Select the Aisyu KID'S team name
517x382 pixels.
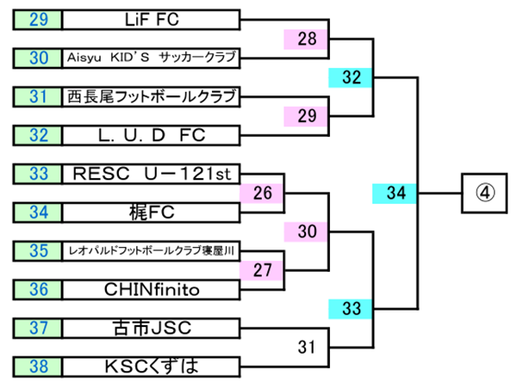pos(151,58)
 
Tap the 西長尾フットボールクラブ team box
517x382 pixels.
pos(151,96)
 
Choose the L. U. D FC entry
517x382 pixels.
pos(151,135)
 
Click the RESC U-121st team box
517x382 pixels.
pos(151,174)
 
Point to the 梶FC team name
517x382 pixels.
pos(151,212)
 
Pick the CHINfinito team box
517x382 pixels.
pos(151,289)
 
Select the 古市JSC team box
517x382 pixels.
pos(151,328)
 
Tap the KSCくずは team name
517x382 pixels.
pos(151,366)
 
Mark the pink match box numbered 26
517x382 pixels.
pos(263,193)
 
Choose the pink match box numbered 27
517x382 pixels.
pos(263,270)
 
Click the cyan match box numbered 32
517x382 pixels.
pos(351,77)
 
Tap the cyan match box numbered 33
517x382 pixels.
pos(351,308)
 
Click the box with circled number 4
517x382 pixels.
pos(483,193)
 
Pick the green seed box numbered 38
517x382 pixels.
pos(37,366)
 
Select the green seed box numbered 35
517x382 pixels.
pos(37,250)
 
